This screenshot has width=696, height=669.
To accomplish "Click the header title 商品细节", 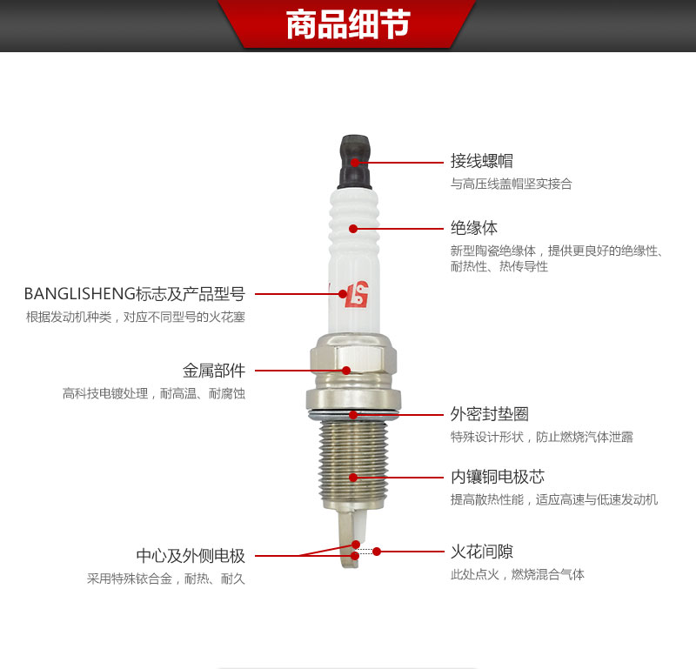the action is click(348, 24).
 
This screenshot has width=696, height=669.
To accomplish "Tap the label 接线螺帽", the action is click(482, 161).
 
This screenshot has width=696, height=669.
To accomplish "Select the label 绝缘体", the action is click(474, 228).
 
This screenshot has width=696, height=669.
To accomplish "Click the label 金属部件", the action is click(214, 371).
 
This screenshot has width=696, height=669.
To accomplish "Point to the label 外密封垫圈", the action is click(490, 414).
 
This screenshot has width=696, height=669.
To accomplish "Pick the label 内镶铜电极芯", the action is click(498, 477).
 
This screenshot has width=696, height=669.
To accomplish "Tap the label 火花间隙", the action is click(482, 552).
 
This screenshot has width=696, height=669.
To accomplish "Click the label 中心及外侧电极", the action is click(191, 555).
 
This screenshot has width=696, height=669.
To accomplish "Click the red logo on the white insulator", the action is click(358, 294).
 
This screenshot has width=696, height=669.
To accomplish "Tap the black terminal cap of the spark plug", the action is click(355, 162).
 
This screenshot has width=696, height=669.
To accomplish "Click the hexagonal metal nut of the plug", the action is click(353, 360).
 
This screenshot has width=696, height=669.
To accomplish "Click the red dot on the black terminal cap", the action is click(355, 162).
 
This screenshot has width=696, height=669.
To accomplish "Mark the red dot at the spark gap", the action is click(377, 552).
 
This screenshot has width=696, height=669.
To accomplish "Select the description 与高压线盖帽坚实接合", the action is click(512, 184).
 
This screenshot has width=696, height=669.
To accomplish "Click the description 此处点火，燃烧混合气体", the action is click(518, 574).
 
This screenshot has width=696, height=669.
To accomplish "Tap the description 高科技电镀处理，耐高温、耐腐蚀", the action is click(154, 393).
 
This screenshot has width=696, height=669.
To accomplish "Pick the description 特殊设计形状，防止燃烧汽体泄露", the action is click(542, 437).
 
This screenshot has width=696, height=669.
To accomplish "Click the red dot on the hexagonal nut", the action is click(346, 371).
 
